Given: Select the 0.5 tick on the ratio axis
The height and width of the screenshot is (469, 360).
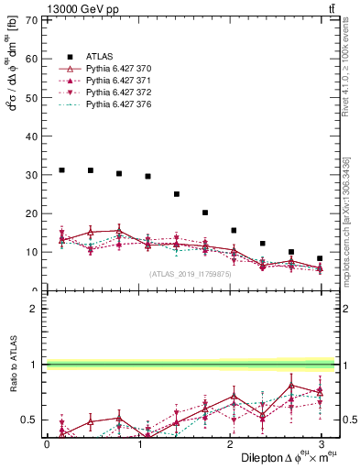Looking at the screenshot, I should click(x=30, y=420).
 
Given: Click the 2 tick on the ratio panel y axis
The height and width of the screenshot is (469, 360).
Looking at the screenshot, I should click(x=35, y=309).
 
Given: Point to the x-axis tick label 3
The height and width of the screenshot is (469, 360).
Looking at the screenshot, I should click(x=322, y=443).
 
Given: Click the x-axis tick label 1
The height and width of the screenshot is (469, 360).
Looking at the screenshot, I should click(x=138, y=443).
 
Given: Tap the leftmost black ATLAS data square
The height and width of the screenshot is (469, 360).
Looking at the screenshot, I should click(x=61, y=169).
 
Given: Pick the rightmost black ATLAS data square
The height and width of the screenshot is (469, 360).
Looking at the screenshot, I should click(x=320, y=258).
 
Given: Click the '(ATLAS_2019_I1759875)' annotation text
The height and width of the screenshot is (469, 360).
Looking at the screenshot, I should click(x=190, y=273).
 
